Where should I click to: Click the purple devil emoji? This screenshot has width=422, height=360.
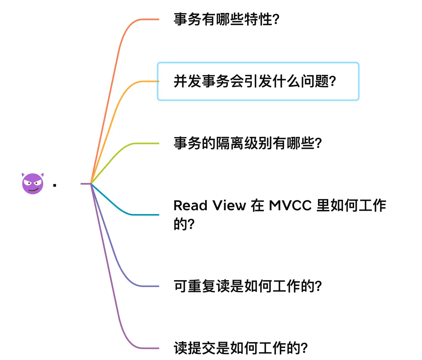tap(33, 184)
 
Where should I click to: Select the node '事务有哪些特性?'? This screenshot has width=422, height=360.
tap(226, 19)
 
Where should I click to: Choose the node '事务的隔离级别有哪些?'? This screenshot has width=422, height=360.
tap(247, 143)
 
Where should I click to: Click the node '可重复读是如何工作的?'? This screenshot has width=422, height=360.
tap(247, 286)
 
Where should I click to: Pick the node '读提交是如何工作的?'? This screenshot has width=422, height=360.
tap(240, 348)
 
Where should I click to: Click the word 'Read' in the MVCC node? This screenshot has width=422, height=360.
tap(190, 206)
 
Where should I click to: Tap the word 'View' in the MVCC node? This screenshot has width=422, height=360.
tap(229, 206)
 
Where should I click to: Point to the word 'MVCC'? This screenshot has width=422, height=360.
tap(290, 206)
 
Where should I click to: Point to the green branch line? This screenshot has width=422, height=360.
tap(118, 153)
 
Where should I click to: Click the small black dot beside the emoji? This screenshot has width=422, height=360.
tap(55, 185)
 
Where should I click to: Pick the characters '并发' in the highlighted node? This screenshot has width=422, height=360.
tap(187, 81)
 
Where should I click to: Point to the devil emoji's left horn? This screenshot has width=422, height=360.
tap(23, 175)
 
